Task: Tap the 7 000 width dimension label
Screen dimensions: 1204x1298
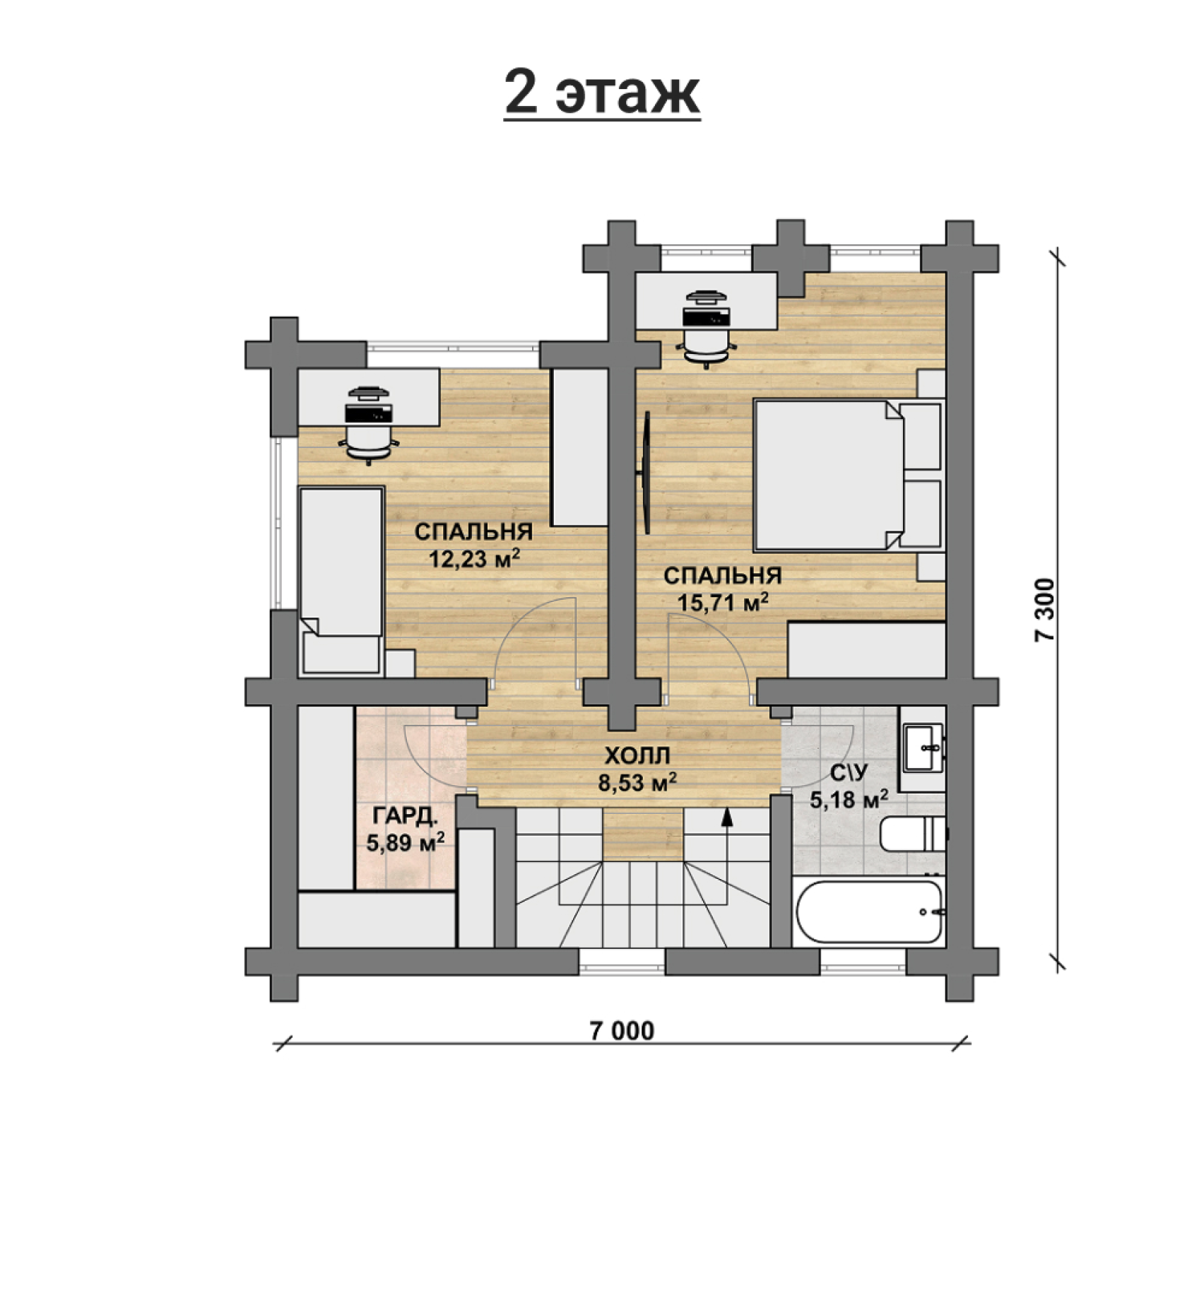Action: point(622,1031)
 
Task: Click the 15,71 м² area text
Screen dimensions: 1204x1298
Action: point(724,602)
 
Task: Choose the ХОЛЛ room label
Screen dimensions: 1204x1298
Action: point(637,756)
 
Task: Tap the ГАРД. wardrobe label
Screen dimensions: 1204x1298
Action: point(406,817)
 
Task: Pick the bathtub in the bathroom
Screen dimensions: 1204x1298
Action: point(869,911)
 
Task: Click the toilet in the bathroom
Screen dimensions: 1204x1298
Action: point(912,834)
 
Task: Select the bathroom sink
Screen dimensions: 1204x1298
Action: point(923,748)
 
